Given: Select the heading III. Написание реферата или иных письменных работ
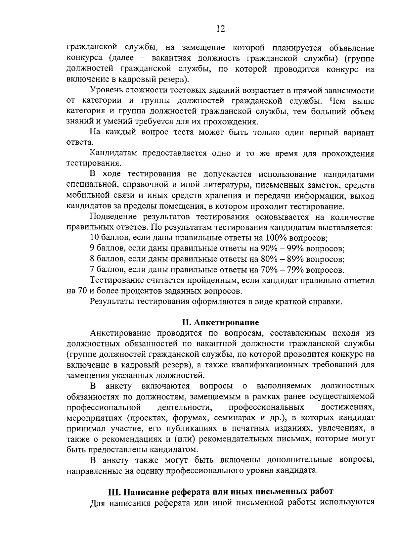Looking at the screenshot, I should (221, 491).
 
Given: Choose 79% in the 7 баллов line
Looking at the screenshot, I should (293, 270).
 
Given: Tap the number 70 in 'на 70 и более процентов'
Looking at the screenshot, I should (82, 291).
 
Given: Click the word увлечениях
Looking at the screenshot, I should (342, 428).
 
